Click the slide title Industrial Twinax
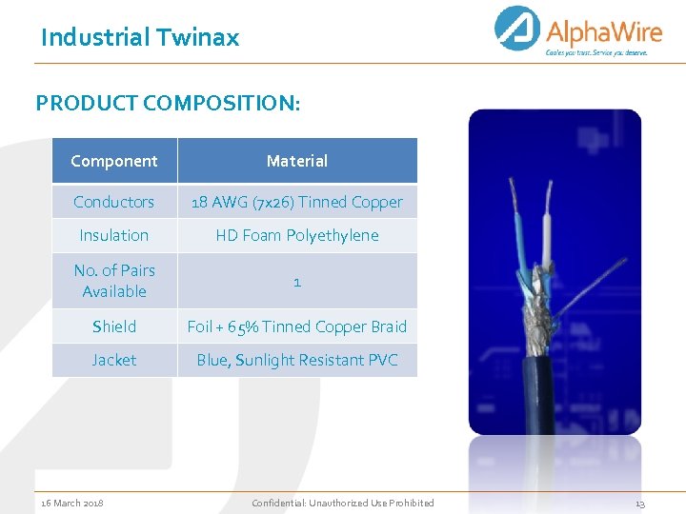(139, 38)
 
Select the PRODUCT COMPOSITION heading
(168, 103)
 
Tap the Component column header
(114, 161)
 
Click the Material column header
(296, 161)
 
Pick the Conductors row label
(114, 202)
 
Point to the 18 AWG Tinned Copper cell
(296, 202)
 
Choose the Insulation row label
(114, 235)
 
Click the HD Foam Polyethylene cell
(296, 235)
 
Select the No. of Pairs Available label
(114, 281)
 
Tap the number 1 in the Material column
(297, 282)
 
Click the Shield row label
(114, 326)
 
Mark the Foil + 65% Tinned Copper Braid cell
(296, 326)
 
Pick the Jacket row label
(114, 360)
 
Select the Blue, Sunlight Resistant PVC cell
(296, 360)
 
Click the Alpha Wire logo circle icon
(517, 29)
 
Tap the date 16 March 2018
(72, 503)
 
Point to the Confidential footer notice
(342, 503)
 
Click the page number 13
(639, 503)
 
